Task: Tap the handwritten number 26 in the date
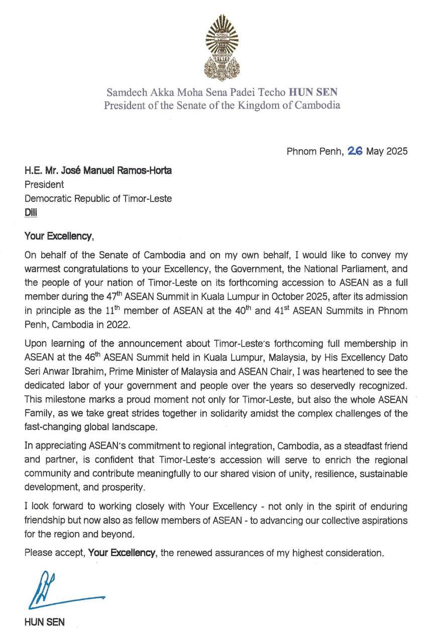(x=355, y=151)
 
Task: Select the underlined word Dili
(x=31, y=212)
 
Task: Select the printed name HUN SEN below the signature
(x=44, y=622)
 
